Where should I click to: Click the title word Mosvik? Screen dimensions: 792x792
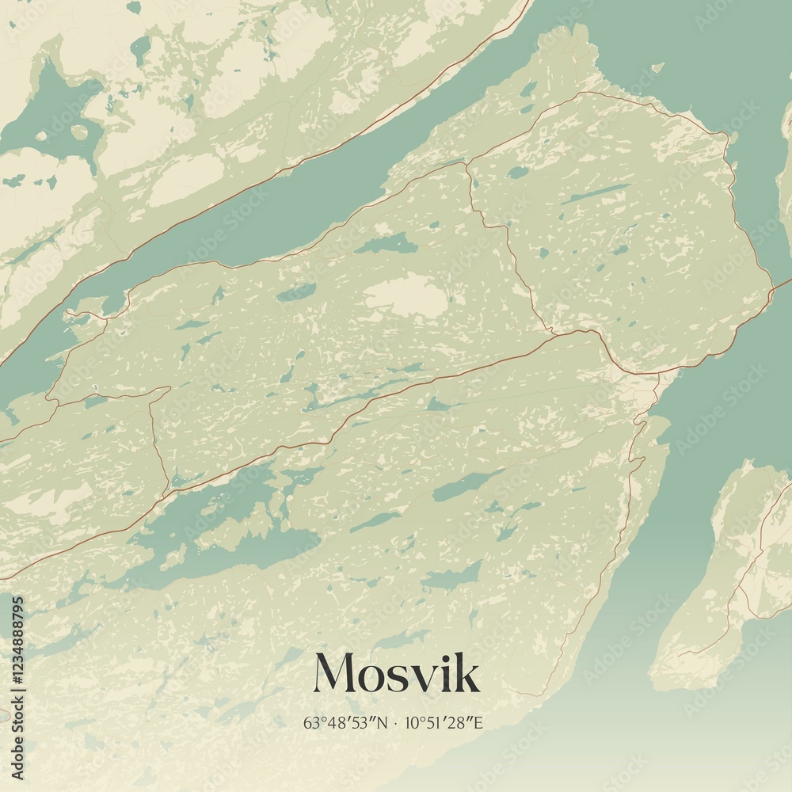396,674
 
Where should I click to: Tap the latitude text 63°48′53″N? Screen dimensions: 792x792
345,722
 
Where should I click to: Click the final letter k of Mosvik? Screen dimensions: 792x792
468,674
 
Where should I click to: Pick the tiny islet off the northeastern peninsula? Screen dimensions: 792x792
657,68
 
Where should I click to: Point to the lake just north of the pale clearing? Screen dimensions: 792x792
388,244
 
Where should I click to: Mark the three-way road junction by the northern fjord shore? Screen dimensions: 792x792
467,163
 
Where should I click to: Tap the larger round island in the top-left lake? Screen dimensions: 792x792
79,132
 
